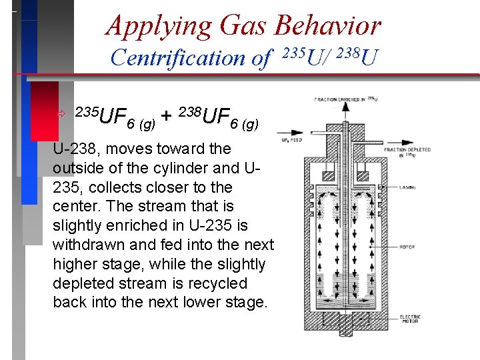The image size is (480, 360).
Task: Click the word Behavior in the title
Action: [x=327, y=25]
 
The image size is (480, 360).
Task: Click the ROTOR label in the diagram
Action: [x=407, y=247]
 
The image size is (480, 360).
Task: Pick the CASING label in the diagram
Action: [x=408, y=187]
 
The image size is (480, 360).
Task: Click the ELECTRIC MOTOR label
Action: [x=409, y=319]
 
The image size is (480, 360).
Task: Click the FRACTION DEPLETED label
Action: [x=407, y=151]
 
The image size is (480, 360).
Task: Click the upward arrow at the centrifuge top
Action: [x=345, y=111]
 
